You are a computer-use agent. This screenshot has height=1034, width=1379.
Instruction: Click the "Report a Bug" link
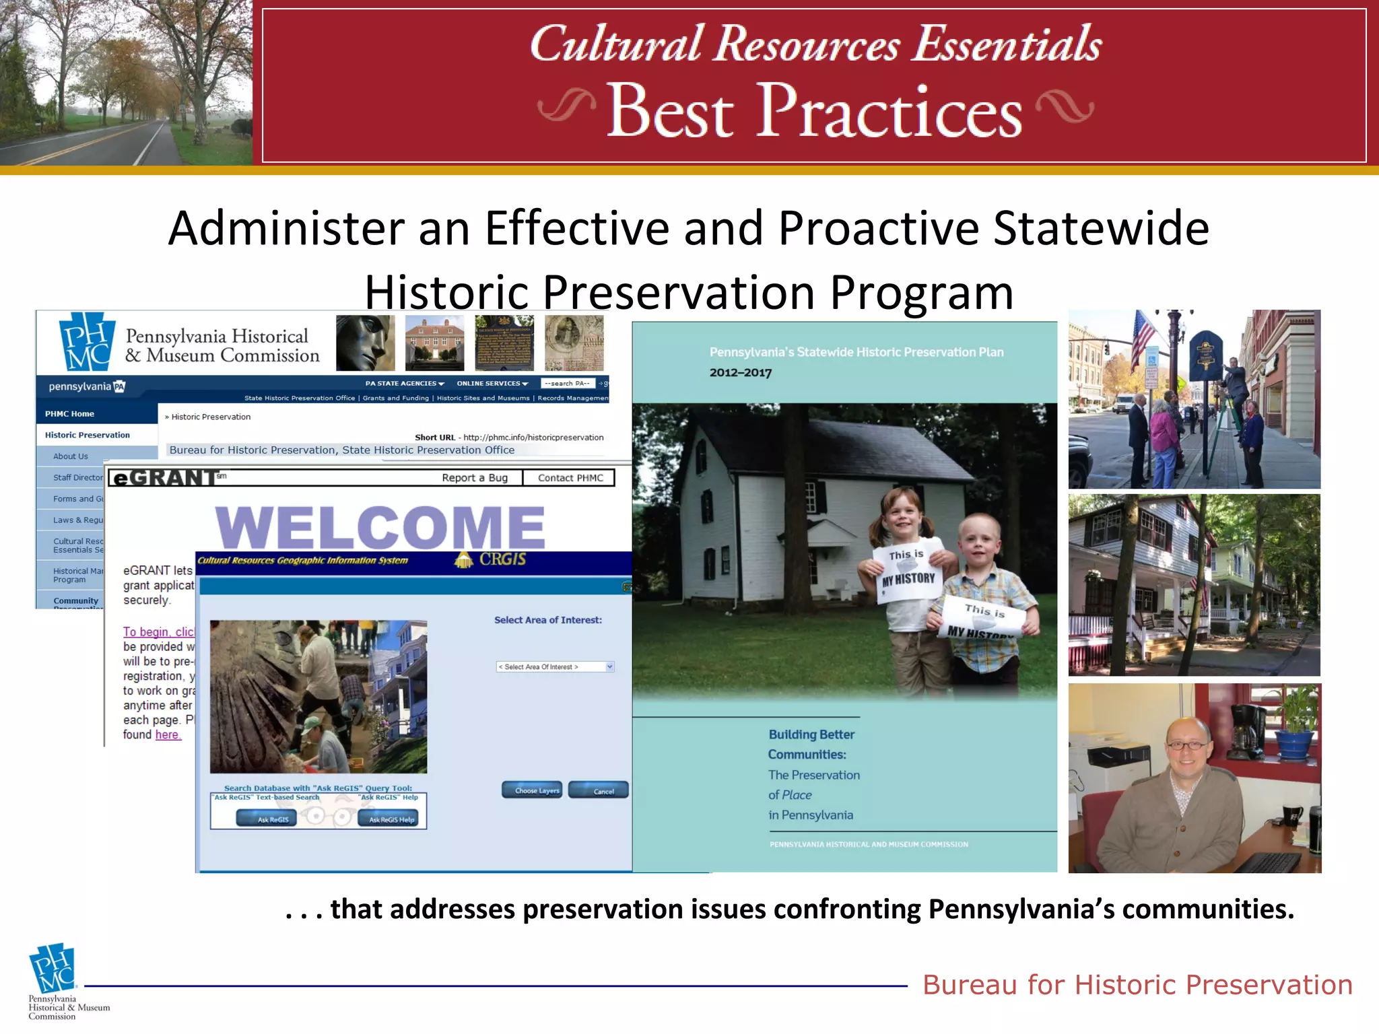[475, 478]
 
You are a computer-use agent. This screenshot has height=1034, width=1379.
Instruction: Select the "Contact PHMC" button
[570, 478]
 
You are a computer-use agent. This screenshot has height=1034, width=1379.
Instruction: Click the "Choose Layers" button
[531, 790]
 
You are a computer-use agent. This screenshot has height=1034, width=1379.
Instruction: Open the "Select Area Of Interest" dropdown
[555, 667]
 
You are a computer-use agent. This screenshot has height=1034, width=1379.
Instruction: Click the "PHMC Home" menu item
[69, 414]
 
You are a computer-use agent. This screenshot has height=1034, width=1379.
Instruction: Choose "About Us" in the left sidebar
[71, 456]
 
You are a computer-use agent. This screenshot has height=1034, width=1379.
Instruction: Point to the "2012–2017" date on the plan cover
[741, 373]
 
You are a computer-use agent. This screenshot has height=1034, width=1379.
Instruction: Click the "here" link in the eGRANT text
[168, 735]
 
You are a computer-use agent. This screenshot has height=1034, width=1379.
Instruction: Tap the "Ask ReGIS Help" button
[391, 819]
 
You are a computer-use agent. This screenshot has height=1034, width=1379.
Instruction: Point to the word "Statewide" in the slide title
[1101, 228]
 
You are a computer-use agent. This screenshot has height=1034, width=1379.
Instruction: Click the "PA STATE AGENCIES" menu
[405, 384]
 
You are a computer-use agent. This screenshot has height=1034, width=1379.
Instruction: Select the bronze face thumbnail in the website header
[365, 343]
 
